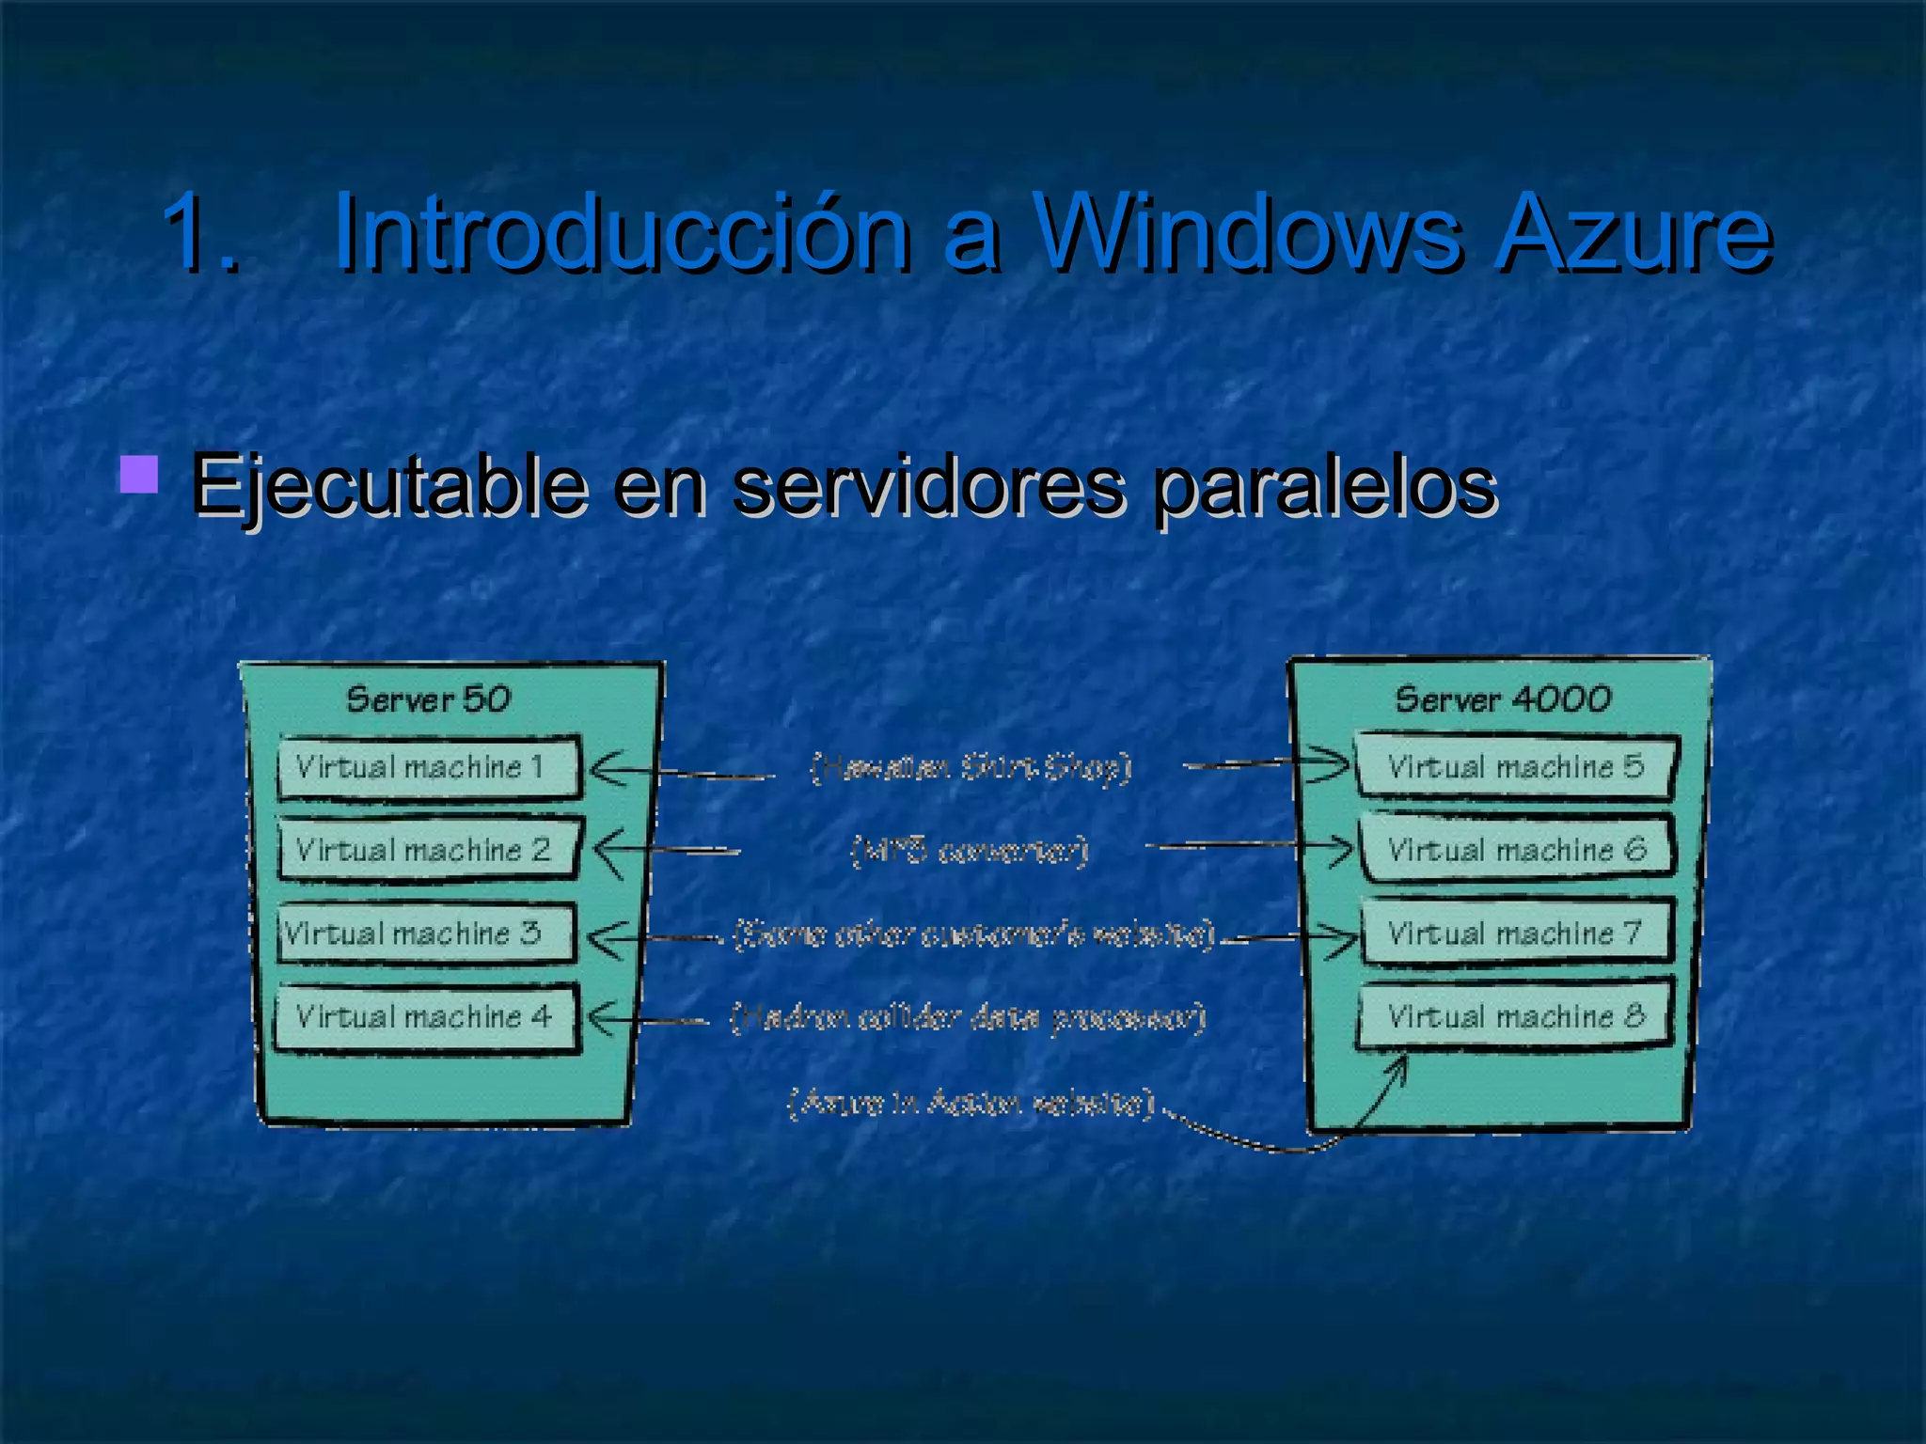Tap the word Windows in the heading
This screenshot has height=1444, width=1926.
1247,232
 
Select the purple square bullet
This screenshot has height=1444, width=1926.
139,475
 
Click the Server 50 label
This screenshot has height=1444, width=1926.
428,699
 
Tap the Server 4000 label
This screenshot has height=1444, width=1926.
1502,699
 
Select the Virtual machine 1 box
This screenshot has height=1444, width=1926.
428,767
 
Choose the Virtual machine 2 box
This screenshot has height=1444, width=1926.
428,850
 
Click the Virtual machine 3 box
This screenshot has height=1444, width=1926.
426,934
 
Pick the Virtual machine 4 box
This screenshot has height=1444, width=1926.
426,1017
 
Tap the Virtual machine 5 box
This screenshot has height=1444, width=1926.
1515,767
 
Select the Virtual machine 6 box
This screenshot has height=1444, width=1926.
1515,850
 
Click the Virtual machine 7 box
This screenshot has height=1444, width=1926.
1515,934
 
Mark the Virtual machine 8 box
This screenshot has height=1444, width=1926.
1515,1016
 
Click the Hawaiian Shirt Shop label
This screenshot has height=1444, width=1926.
971,768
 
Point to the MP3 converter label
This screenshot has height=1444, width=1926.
970,851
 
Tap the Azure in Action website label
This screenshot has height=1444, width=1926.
971,1103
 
